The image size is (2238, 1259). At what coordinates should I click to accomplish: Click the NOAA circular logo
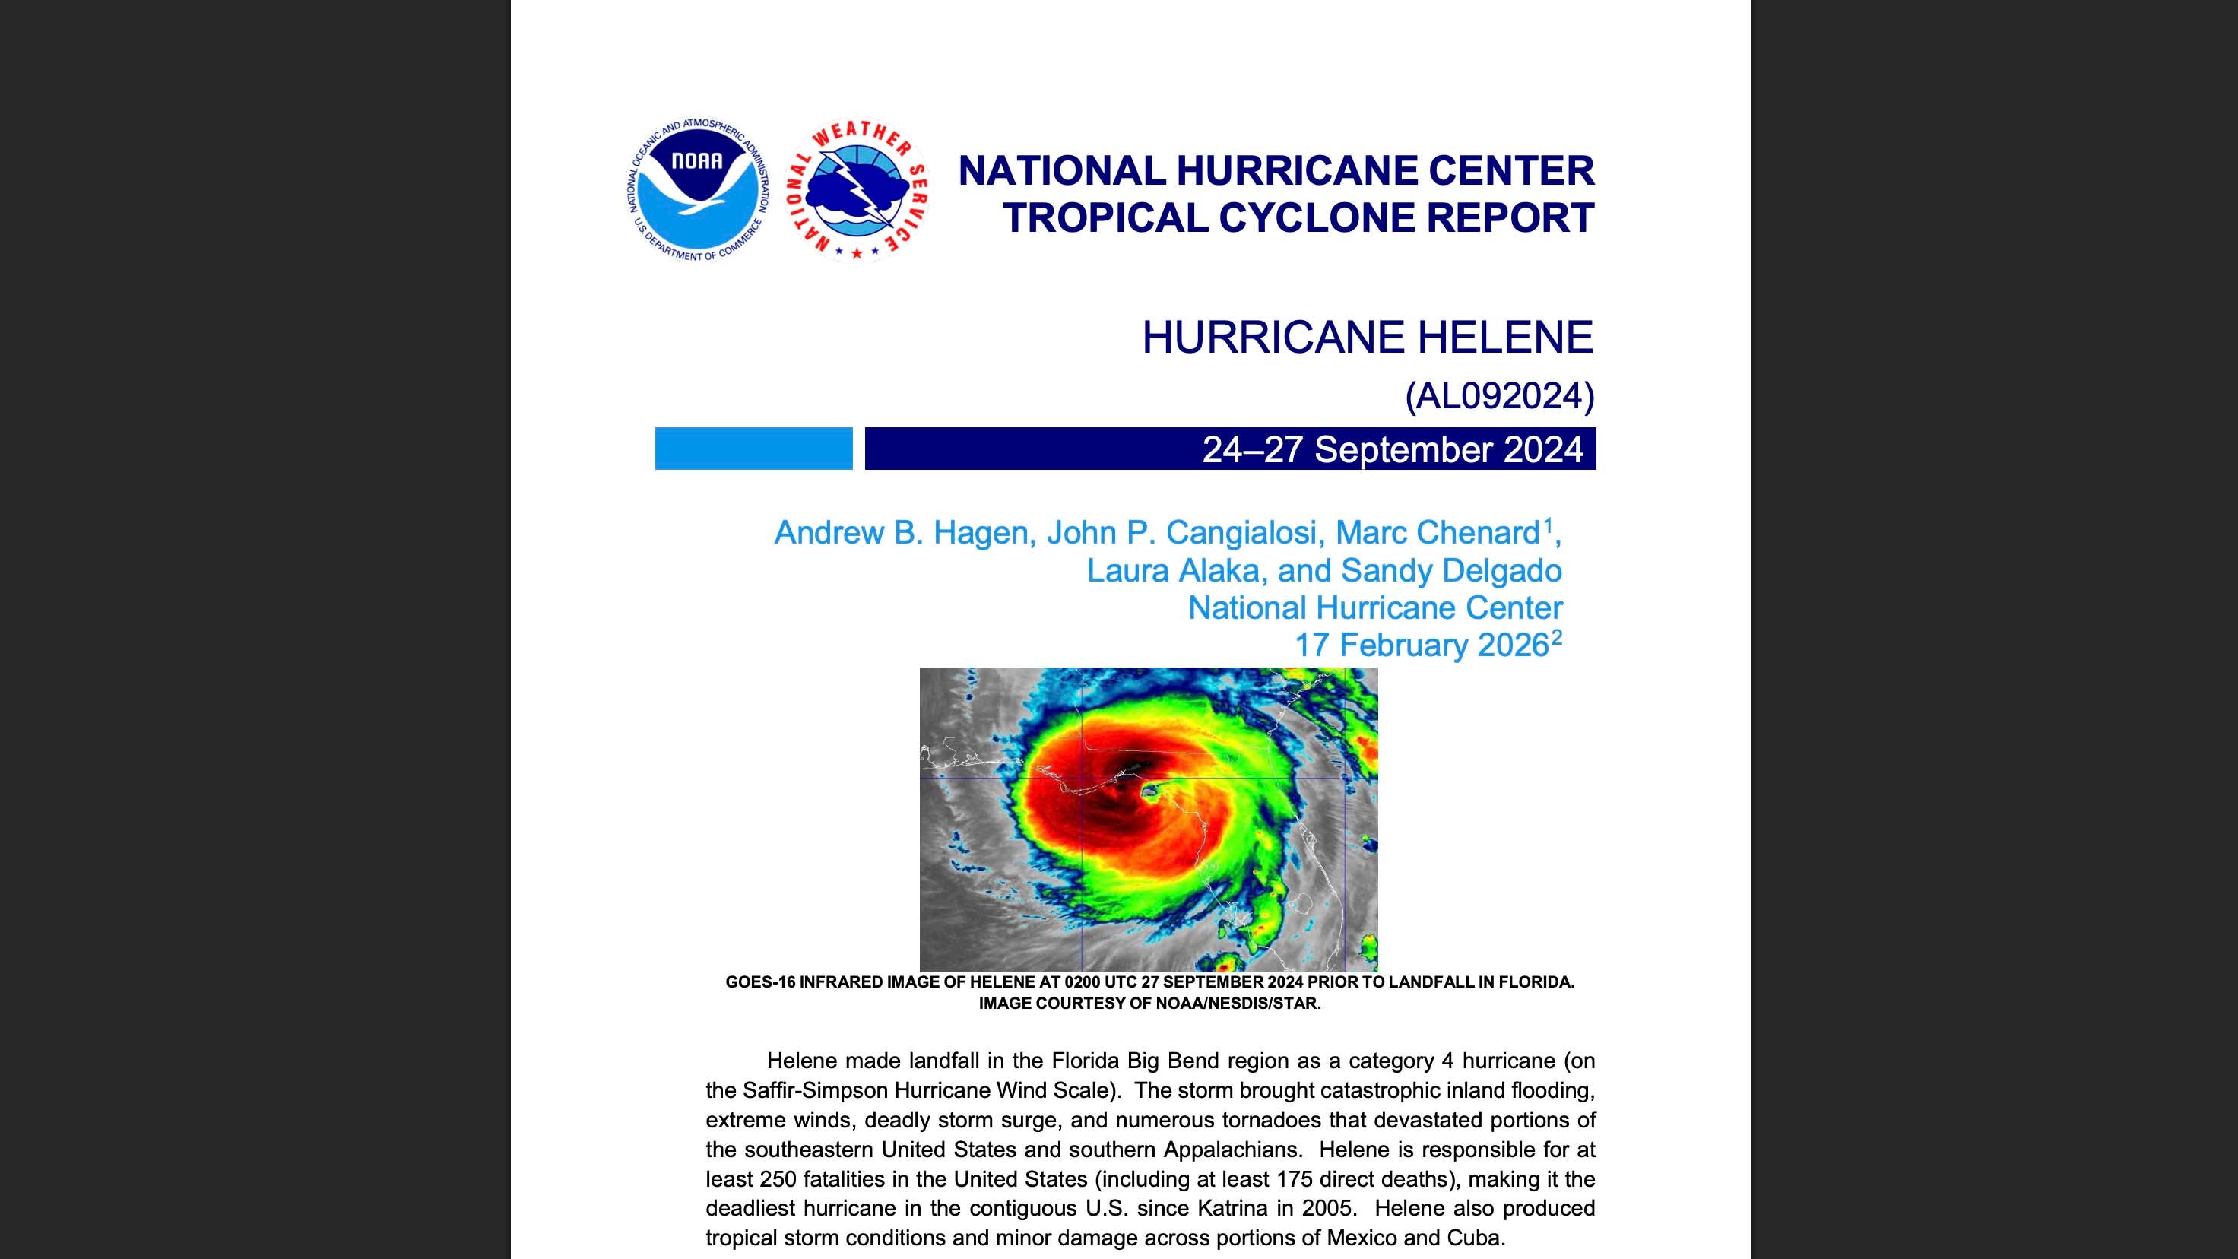(x=698, y=190)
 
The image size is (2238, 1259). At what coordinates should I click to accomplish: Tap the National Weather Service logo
(x=856, y=190)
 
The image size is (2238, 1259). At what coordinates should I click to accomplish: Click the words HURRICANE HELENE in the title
(x=1367, y=337)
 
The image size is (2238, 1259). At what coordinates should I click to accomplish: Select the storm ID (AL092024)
(x=1500, y=396)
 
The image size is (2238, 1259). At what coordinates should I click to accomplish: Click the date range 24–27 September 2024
(x=1392, y=449)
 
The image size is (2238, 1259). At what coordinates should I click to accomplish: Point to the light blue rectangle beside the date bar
(x=753, y=449)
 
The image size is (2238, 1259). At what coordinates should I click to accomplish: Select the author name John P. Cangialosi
(x=1184, y=533)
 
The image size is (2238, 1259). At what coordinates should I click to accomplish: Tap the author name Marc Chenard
(x=1437, y=533)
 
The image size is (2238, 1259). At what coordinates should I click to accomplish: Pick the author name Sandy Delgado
(x=1451, y=570)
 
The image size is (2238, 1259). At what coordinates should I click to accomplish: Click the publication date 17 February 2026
(x=1422, y=645)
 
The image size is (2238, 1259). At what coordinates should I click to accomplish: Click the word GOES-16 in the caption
(x=759, y=983)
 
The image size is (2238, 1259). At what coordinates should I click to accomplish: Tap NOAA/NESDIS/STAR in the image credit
(x=1238, y=1004)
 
